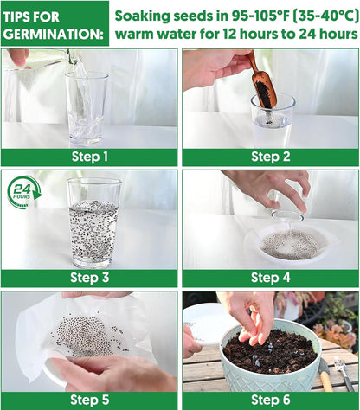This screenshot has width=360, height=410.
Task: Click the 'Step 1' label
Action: [x=90, y=157]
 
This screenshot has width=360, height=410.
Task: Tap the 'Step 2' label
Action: [x=271, y=157]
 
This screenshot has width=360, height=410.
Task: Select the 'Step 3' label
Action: [x=90, y=278]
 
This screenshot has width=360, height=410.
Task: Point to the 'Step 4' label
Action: [x=271, y=278]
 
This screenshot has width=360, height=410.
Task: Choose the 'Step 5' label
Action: [x=90, y=400]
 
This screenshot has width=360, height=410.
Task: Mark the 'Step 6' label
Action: [x=271, y=400]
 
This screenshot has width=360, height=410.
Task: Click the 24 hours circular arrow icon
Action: [x=24, y=192]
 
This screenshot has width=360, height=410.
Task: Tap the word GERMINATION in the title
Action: [x=54, y=35]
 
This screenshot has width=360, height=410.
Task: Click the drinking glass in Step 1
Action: [x=87, y=109]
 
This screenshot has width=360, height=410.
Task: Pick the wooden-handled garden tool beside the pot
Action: [x=325, y=375]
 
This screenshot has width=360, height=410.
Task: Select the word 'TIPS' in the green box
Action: [x=18, y=16]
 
